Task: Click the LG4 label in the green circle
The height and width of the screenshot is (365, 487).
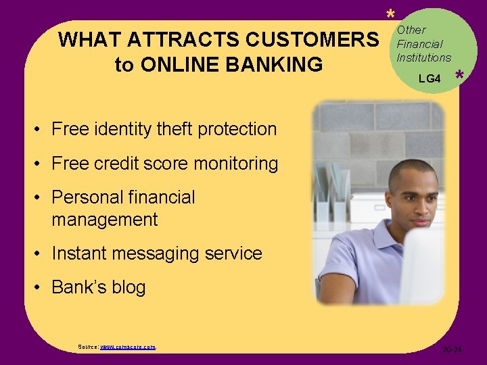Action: [430, 79]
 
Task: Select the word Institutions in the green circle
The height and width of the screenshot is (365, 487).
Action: [423, 57]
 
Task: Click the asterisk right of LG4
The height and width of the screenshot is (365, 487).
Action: [459, 77]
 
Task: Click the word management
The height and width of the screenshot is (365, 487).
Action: [104, 220]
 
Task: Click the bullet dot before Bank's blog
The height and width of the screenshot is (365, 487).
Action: [39, 288]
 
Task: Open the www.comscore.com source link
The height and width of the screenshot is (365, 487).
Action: [127, 346]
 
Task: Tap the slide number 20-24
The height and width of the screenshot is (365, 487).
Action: [452, 349]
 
